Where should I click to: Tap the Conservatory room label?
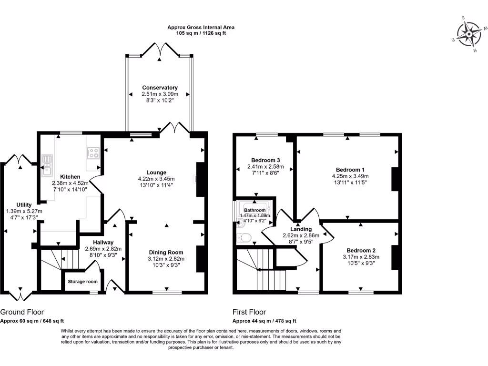point(160,88)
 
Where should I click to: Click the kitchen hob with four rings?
point(93,153)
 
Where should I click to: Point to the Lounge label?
point(156,173)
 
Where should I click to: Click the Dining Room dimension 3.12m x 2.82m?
point(166,259)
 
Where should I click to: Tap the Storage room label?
point(82,282)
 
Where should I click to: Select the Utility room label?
point(24,204)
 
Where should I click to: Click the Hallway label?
point(103,242)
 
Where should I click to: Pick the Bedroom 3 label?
point(265,160)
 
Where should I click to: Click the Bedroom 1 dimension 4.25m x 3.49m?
point(350,176)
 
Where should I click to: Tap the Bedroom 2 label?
point(361,251)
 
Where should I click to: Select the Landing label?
point(301,229)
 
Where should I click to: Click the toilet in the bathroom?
point(244,236)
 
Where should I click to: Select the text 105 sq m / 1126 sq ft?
point(201,33)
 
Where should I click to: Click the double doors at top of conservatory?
point(160,50)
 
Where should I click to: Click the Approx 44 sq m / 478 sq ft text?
point(264,321)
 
